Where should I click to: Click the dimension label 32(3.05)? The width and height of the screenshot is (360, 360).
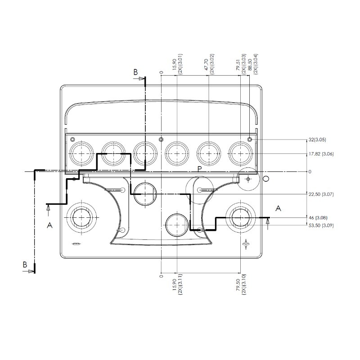point(317,139)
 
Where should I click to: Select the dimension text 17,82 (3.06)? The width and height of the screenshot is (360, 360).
point(321,154)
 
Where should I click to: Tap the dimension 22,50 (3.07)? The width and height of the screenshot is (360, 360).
point(321,194)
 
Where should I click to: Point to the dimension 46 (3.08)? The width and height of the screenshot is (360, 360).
point(318,217)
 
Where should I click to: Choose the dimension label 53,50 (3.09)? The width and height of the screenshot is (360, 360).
point(321,225)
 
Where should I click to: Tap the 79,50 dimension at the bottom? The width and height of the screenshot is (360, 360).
point(238,285)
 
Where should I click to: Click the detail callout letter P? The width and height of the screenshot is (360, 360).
point(199,169)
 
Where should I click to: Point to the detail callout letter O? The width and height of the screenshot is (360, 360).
point(265,179)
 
